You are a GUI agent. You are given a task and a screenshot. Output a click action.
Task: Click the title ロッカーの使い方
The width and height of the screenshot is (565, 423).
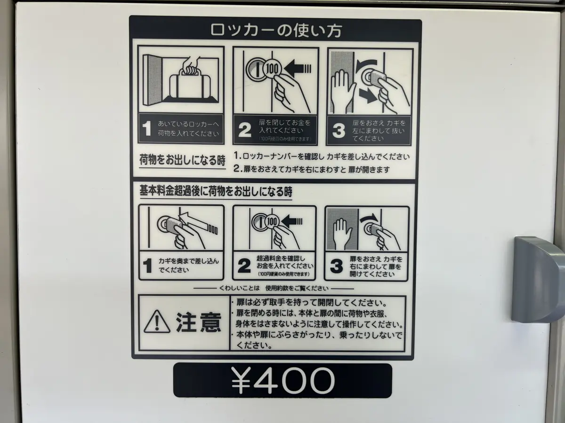276,30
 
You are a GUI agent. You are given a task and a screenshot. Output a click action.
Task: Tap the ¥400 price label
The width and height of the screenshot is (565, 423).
282,380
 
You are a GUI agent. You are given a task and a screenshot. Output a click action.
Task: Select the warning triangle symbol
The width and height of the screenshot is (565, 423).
157,321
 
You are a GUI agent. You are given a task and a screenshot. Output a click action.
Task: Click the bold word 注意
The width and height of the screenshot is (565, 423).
199,322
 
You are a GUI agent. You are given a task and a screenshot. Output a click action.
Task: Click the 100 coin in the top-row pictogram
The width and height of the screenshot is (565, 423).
272,69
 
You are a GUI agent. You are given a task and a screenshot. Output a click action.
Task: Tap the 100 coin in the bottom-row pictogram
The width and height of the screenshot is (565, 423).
272,221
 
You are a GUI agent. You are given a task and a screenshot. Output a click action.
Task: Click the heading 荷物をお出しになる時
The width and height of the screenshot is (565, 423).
182,160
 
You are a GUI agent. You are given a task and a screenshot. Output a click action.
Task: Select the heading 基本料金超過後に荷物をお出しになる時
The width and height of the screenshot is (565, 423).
216,191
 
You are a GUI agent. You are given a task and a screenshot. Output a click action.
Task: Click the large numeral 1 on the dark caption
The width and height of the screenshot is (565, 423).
147,128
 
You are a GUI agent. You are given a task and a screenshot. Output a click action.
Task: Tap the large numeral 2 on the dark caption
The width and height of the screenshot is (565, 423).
244,130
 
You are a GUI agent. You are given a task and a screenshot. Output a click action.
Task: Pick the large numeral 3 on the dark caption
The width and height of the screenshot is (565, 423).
339,131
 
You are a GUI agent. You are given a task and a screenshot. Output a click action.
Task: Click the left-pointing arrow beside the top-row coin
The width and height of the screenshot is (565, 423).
298,69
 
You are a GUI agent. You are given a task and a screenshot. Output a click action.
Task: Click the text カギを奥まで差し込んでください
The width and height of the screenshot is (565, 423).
188,266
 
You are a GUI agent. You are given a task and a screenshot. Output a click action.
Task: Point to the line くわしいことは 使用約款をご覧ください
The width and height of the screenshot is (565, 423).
274,289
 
